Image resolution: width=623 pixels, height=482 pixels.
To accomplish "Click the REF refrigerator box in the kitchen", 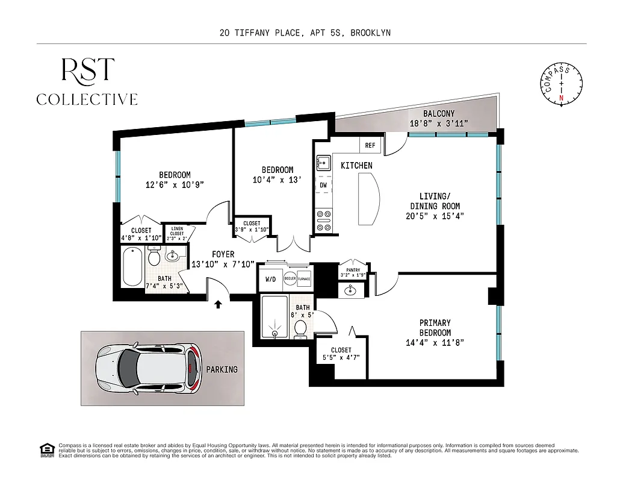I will pos(369,145).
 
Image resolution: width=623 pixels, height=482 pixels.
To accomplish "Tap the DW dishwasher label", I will pos(323,185).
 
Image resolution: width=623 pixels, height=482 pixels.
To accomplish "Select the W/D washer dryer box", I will pos(270,280).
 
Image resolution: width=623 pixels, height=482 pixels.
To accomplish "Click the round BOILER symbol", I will pos(290,280).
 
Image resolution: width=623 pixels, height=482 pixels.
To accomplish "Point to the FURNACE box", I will pos(304,280).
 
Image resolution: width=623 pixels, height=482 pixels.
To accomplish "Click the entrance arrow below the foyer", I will pos(218,305).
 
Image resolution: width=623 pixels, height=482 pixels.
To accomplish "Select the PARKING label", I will pos(222,369).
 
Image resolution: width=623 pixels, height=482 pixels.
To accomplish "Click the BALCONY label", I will pos(438,113).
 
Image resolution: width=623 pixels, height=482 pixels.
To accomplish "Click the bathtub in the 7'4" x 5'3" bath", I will pos(132,268).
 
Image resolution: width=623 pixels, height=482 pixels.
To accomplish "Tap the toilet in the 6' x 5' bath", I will pos(301,328).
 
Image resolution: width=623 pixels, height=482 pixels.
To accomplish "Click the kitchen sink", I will pos(323,163).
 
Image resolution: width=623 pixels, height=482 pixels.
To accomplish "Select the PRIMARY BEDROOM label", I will pos(435,328).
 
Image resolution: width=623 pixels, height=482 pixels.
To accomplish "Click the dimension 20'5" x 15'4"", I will pos(433,216).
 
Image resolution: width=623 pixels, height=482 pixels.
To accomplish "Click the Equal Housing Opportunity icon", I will pos(46,450).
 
